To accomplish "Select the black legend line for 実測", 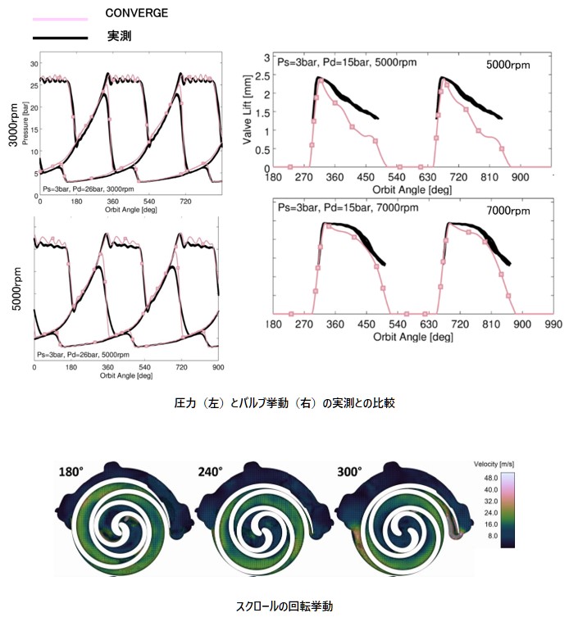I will point(60,38).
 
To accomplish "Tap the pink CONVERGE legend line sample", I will point(60,16).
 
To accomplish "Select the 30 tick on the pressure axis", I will point(35,63).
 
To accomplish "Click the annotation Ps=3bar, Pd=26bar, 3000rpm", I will point(90,189).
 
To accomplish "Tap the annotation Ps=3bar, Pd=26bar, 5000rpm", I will point(90,354).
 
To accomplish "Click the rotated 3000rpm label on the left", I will point(13,125).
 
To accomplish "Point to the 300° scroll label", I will point(350,472).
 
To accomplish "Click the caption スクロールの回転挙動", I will point(284,607).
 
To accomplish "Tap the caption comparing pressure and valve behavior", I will point(284,404).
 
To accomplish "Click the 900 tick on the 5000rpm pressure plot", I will point(217,366).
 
